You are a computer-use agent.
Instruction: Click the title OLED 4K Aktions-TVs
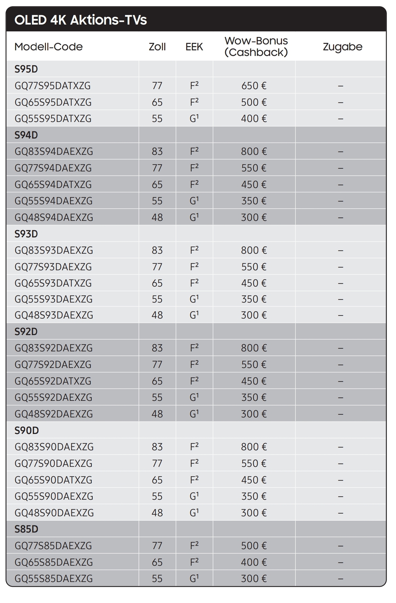coord(80,20)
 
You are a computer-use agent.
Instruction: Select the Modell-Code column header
coord(48,47)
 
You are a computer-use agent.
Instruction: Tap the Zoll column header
coord(157,47)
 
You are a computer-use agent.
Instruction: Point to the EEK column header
coord(194,47)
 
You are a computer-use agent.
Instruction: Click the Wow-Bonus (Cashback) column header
coord(256,46)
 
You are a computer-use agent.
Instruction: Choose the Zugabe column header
coord(343,47)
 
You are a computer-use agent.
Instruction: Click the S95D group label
coord(26,69)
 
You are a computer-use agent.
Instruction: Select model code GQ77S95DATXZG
coord(52,86)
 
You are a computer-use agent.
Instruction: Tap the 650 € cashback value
coord(254,86)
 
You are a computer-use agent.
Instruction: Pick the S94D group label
coord(26,135)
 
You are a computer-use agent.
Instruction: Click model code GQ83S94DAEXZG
coord(54,152)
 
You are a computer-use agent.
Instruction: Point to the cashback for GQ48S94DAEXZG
coord(254,217)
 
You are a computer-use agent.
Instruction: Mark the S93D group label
coord(26,234)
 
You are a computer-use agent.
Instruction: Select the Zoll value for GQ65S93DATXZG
coord(157,283)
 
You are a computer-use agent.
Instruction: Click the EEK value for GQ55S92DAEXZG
coord(194,397)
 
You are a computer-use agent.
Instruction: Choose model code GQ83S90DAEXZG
coord(54,447)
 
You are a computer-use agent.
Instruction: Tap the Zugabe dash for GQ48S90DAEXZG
coord(341,513)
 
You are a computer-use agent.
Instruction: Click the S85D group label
coord(26,529)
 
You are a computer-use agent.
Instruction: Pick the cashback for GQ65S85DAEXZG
coord(254,562)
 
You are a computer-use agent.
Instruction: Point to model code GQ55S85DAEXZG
coord(54,579)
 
